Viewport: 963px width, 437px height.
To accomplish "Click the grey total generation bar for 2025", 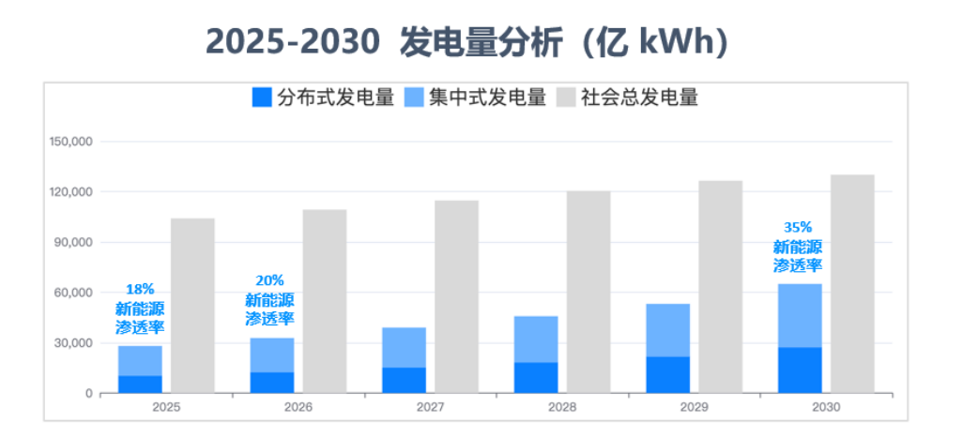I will click(192, 306).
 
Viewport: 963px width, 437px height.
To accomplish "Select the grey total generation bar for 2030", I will click(852, 283).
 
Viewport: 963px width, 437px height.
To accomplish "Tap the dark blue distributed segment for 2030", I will click(800, 369).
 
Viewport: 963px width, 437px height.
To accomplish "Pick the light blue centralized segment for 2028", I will click(536, 339).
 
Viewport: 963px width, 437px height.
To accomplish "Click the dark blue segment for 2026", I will click(272, 383).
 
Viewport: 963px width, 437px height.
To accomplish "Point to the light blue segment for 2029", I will click(668, 330).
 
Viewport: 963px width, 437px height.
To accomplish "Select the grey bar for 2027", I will click(456, 296).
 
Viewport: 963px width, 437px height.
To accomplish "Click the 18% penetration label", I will click(139, 290).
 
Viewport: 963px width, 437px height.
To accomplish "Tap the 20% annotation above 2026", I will click(269, 280).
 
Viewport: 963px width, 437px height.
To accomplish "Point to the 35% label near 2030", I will click(798, 227).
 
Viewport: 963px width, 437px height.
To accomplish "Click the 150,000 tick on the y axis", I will click(69, 142).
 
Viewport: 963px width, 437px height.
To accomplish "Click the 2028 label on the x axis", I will click(562, 408).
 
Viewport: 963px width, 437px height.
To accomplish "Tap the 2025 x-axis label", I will click(166, 408).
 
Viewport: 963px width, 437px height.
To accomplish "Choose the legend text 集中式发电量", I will click(487, 98).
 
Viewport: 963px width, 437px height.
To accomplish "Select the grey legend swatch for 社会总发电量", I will click(566, 98).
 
